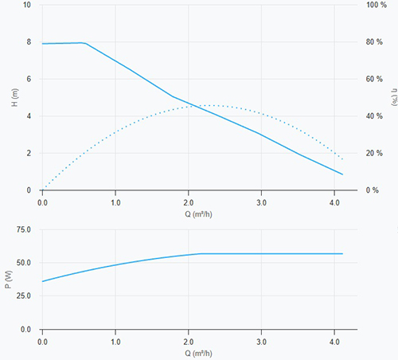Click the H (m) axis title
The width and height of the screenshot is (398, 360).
[15, 97]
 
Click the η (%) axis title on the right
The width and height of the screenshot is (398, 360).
[395, 97]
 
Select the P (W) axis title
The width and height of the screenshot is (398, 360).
[9, 280]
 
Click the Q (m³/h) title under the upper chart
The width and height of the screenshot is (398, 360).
[198, 214]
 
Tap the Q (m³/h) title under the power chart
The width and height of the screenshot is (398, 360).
[198, 354]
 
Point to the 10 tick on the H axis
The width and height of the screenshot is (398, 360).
[27, 5]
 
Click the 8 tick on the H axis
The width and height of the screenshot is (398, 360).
[29, 42]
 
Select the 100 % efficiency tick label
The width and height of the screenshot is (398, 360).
[377, 5]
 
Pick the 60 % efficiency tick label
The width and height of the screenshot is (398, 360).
[374, 79]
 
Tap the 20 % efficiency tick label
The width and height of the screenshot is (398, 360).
[374, 153]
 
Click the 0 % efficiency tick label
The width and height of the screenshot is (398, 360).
[373, 190]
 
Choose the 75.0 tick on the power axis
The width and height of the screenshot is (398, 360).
[24, 229]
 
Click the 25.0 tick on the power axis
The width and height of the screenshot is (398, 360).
[24, 295]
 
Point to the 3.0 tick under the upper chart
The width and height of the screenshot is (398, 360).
[261, 203]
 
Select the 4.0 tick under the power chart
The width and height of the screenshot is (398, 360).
[334, 342]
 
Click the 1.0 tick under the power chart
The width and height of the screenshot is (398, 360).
[115, 342]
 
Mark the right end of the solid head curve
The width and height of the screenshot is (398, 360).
[342, 174]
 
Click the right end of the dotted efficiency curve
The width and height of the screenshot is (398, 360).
[342, 159]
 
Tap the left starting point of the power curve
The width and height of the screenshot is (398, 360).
[42, 281]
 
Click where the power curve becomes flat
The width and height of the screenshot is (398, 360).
[201, 254]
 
